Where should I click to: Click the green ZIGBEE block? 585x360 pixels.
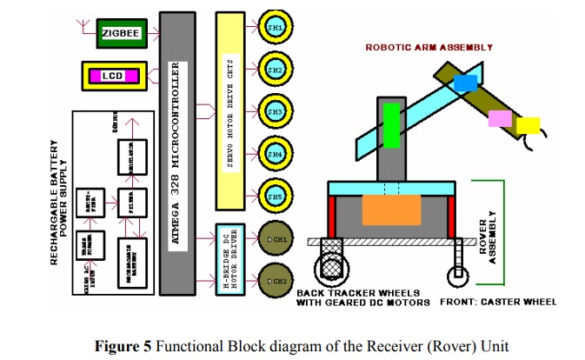coord(121,33)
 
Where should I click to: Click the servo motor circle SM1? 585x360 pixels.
coord(275,29)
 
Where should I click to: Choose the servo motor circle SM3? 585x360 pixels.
coord(275,112)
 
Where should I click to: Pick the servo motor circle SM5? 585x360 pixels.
coord(275,196)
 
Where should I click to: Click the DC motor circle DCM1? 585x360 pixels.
coord(275,238)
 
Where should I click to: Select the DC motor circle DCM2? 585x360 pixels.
coord(275,281)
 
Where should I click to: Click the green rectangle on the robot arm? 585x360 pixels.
coord(391,123)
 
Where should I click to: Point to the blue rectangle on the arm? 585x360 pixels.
coord(465,83)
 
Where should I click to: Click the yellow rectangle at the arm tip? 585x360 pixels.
coord(528,126)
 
